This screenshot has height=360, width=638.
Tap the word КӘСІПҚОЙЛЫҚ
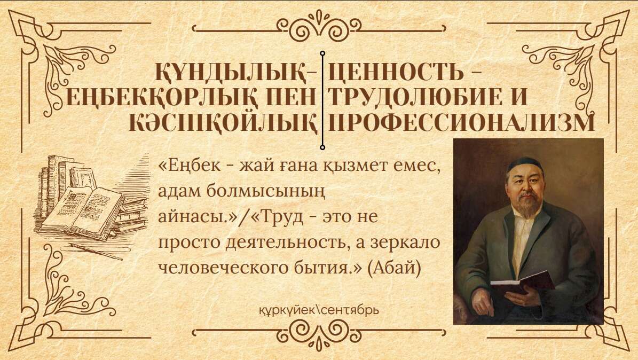tap(223, 122)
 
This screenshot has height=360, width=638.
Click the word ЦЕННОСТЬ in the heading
tap(396, 72)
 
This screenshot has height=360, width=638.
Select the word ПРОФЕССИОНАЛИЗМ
tap(461, 122)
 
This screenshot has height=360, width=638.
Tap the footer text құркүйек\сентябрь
tap(319, 310)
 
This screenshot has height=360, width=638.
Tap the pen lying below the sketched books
tap(96, 251)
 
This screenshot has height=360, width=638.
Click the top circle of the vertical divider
tap(322, 53)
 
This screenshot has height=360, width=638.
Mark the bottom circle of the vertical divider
tap(322, 147)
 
